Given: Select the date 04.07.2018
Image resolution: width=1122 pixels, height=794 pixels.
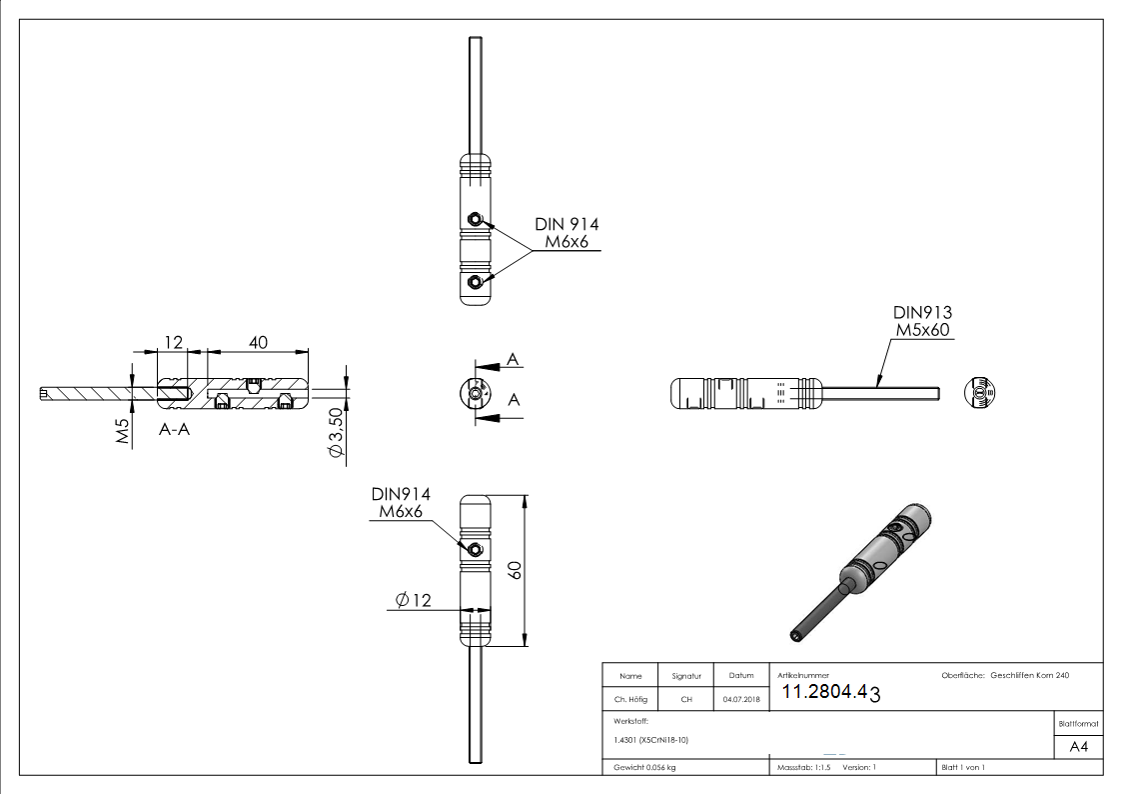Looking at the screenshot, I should pyautogui.click(x=740, y=700).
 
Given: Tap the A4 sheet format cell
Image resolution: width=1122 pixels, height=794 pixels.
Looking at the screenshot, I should pyautogui.click(x=1078, y=747).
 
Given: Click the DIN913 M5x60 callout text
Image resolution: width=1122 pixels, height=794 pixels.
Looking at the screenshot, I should pyautogui.click(x=922, y=321).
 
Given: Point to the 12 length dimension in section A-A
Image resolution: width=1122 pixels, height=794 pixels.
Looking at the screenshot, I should pyautogui.click(x=174, y=342).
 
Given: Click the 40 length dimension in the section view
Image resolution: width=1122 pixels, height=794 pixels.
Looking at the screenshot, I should pyautogui.click(x=258, y=342).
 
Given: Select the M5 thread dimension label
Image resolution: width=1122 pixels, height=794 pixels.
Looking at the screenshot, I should pyautogui.click(x=123, y=432).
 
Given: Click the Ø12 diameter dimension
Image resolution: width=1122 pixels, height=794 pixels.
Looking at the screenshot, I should pyautogui.click(x=413, y=600).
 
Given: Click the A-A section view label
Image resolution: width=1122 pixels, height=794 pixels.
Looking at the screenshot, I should pyautogui.click(x=176, y=430).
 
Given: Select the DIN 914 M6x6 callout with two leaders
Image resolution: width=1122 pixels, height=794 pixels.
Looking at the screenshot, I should pyautogui.click(x=566, y=234).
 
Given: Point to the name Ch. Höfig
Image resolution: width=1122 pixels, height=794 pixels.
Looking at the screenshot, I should pyautogui.click(x=630, y=700).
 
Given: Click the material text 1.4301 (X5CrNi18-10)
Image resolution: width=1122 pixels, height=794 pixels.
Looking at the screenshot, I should pyautogui.click(x=651, y=740).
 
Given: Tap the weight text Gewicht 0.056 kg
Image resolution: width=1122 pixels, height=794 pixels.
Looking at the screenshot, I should pyautogui.click(x=644, y=767).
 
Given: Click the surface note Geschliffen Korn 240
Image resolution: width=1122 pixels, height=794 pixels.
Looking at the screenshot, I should pyautogui.click(x=1029, y=676).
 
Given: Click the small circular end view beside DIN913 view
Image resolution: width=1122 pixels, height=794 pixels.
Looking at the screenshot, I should pyautogui.click(x=980, y=392).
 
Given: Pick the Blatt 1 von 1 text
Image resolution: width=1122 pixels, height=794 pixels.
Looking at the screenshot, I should pyautogui.click(x=962, y=767).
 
